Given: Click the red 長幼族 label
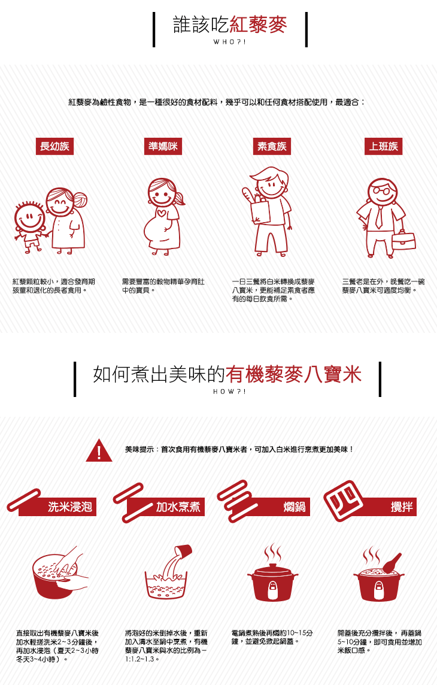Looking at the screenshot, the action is [54, 146].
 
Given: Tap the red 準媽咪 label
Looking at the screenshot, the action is [163, 146].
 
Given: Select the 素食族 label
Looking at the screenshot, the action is [272, 146].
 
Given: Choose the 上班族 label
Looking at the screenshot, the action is [383, 146].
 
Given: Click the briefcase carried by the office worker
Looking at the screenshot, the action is [403, 240].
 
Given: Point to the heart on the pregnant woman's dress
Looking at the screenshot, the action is [162, 214].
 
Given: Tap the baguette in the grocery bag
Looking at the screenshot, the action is [248, 196].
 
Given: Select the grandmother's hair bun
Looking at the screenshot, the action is [80, 199].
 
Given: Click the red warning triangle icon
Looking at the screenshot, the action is [99, 450].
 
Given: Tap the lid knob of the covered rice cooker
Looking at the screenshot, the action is [273, 566].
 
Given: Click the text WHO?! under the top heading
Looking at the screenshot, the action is [230, 43].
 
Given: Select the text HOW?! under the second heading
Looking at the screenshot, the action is [230, 392].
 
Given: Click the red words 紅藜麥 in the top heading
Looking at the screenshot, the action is [259, 25].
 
